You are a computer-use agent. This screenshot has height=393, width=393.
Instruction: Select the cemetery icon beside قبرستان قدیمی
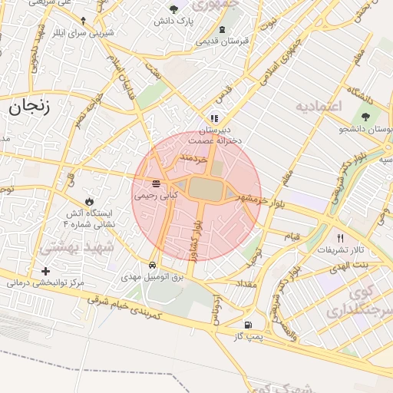coord(222,29)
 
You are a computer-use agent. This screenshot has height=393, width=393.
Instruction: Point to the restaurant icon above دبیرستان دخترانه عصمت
coord(214,118)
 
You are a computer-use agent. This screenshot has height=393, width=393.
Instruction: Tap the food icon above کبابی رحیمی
coord(157,183)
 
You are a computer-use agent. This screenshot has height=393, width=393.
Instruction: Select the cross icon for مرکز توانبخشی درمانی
coord(46,271)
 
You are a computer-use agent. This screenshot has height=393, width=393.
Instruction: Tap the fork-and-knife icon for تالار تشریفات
coord(340,239)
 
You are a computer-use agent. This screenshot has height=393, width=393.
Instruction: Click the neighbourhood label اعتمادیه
coord(317,105)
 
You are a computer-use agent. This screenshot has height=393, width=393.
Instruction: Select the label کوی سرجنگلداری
coord(358,304)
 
